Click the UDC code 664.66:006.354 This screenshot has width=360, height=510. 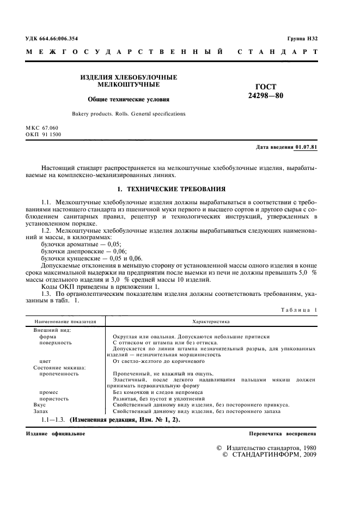pyautogui.click(x=59, y=38)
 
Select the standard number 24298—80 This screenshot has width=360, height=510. pyautogui.click(x=266, y=96)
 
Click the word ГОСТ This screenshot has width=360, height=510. pyautogui.click(x=266, y=87)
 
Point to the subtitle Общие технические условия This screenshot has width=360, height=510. pyautogui.click(x=129, y=100)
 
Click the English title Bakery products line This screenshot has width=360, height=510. pyautogui.click(x=129, y=114)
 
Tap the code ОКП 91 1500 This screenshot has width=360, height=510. pyautogui.click(x=44, y=134)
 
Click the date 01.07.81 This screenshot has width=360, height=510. pyautogui.click(x=306, y=148)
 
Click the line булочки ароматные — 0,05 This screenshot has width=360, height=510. pyautogui.click(x=81, y=245)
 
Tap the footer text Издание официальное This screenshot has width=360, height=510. pyautogui.click(x=56, y=433)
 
